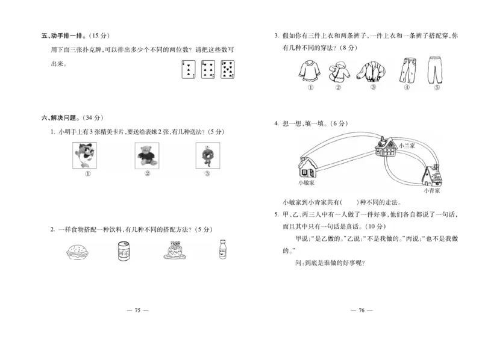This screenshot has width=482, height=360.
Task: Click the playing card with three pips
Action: [x=189, y=69]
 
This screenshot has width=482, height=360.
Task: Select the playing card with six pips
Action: [x=208, y=69]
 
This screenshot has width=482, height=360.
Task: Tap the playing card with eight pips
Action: [x=228, y=69]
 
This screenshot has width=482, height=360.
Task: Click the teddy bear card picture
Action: [x=146, y=155]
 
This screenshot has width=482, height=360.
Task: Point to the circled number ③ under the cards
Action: [x=207, y=175]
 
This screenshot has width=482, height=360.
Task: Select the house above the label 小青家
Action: [x=432, y=175]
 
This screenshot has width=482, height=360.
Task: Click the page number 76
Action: [x=361, y=310]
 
